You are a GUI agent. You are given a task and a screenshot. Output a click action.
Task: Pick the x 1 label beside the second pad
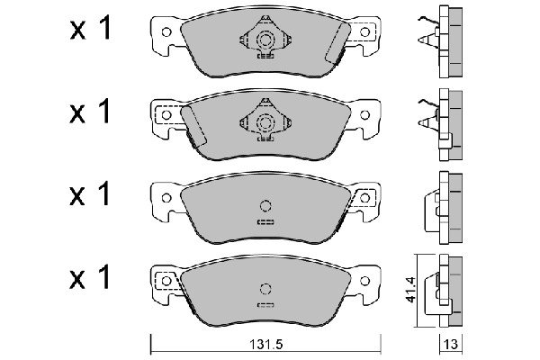coord(90,112)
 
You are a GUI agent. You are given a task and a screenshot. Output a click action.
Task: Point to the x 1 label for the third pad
coord(90,193)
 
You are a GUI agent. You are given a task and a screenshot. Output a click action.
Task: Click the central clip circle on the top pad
coord(265,40)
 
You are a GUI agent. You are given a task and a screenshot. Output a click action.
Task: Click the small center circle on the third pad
coord(265,203)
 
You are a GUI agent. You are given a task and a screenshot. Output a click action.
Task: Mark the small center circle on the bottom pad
coord(265,288)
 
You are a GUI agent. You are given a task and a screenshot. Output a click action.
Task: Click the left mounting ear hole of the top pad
coord(166,32)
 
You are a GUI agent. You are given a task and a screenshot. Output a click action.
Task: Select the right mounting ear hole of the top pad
coord(364,32)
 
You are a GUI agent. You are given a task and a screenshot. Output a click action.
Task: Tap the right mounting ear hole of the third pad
coord(364,195)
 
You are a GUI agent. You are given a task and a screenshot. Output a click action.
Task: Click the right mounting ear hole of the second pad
coord(364,113)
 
